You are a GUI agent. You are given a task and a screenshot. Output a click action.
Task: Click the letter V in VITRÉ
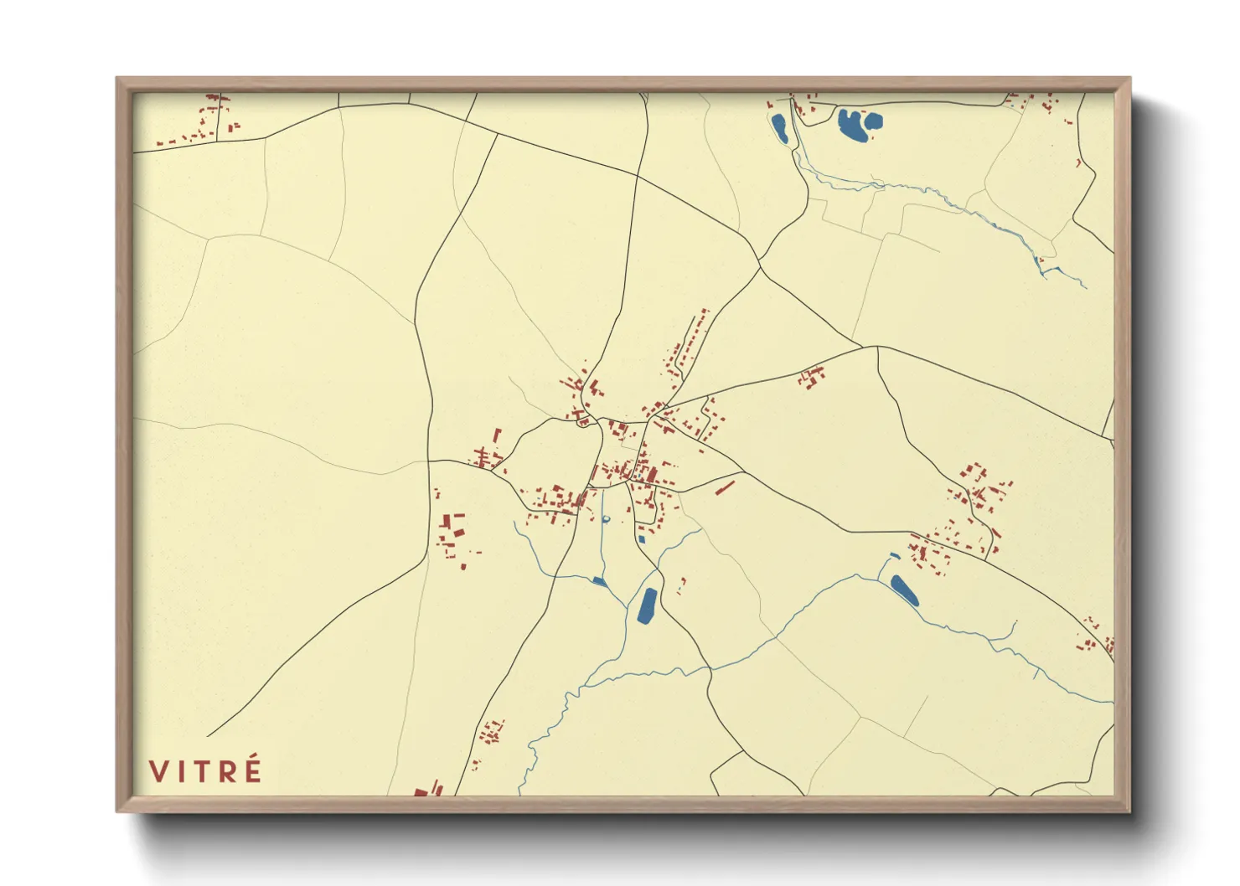159,770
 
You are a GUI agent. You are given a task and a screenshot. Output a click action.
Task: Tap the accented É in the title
251,769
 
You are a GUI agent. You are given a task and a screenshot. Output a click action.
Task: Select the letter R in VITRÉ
228,770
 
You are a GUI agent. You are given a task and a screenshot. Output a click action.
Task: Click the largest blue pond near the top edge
856,125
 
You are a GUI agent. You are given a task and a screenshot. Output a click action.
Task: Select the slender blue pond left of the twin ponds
779,127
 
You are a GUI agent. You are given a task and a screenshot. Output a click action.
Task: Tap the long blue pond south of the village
647,605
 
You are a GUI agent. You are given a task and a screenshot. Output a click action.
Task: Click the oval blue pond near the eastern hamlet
904,590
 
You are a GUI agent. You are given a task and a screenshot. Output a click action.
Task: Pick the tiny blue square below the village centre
641,539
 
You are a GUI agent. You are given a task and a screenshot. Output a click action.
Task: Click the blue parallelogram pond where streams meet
599,580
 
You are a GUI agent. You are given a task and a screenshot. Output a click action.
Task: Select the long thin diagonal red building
725,487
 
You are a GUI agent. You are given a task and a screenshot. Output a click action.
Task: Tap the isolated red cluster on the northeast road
810,378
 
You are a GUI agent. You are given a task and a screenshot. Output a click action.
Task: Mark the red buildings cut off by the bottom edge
427,790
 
